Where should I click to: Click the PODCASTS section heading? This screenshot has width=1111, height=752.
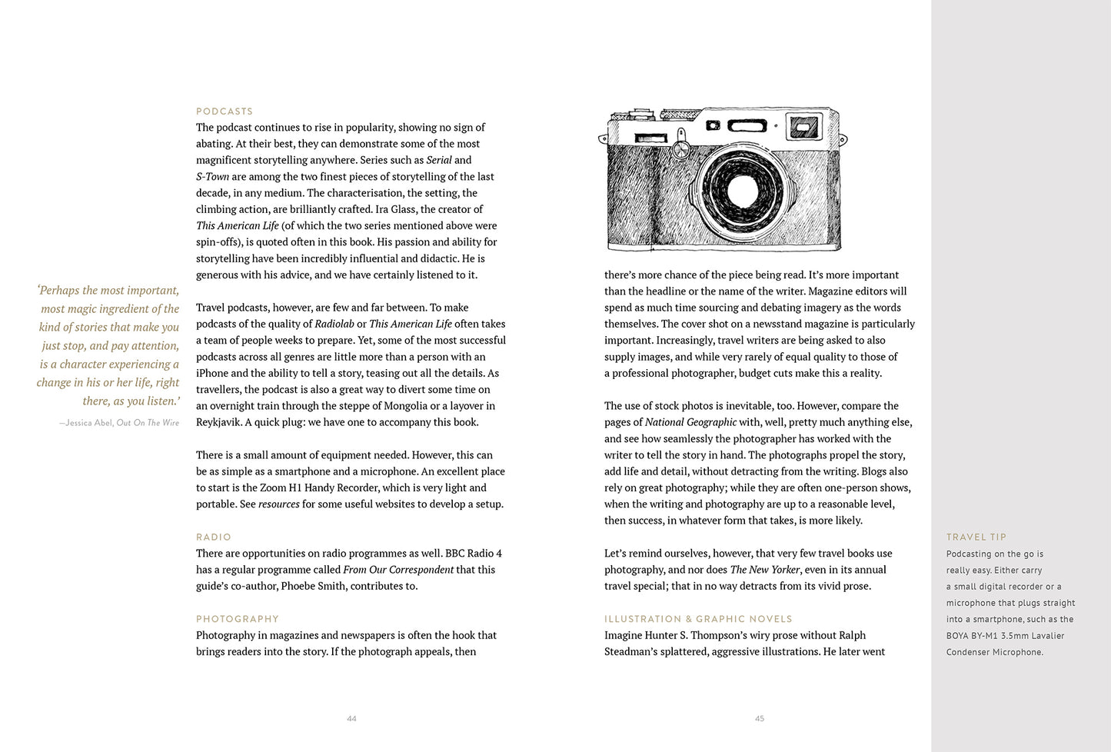coord(225,111)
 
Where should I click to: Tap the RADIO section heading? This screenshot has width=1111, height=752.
coord(214,537)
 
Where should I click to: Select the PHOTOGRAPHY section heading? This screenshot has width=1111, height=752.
coord(238,619)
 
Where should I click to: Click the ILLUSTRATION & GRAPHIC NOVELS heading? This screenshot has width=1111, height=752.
coord(698,619)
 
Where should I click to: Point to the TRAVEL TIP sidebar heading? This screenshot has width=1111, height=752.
coord(976,537)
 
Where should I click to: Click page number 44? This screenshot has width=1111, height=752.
coord(351,719)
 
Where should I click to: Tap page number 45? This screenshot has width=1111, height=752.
coord(760,719)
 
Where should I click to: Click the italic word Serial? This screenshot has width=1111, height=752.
coord(439,160)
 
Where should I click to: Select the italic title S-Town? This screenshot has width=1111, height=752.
coord(212,177)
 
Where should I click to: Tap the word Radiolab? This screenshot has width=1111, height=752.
coord(334,324)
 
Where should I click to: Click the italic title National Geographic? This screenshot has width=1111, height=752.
coord(690,422)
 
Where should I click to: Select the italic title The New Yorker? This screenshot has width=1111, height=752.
coord(765,570)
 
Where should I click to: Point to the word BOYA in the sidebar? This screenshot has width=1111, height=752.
coord(958,636)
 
